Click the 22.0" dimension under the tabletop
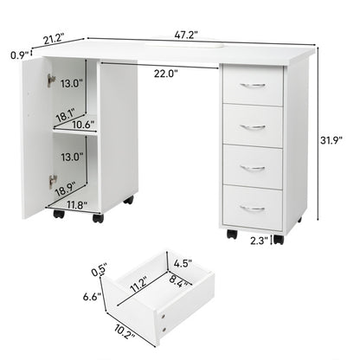(x=166, y=74)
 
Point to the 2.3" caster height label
(x=259, y=241)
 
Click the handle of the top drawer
(x=253, y=85)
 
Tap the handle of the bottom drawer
(x=253, y=208)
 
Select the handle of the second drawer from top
(x=253, y=126)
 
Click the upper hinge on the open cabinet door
(x=53, y=80)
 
